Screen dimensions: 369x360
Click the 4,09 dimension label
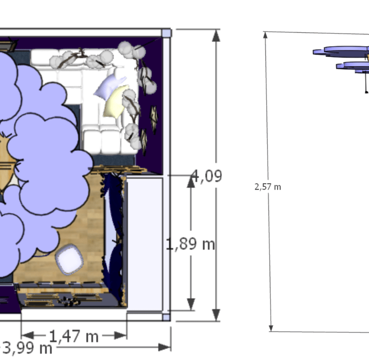point(207,176)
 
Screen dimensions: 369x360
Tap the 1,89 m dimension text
point(190,244)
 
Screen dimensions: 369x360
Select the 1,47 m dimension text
point(74,336)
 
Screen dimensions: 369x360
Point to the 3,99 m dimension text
point(27,348)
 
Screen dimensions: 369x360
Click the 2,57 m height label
point(268,187)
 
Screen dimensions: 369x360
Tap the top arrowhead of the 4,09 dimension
point(216,36)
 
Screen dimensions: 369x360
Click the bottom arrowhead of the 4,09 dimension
point(216,315)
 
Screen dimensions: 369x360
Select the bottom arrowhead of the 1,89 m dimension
point(191,304)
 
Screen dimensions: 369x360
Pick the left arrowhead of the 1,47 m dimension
point(27,335)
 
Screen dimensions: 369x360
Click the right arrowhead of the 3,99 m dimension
point(164,347)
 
